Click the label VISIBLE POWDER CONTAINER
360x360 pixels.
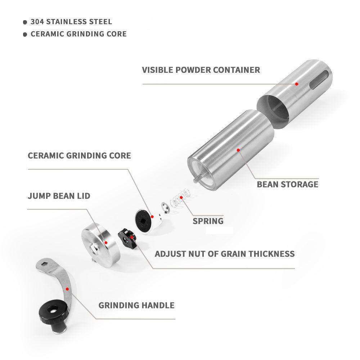tap(201, 69)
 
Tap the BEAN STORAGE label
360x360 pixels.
tap(287, 184)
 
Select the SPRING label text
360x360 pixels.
tap(208, 221)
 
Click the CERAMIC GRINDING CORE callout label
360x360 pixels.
tap(79, 156)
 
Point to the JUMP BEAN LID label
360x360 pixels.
tap(59, 196)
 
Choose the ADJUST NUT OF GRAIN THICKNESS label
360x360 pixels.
tap(225, 253)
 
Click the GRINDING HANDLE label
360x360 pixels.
tap(136, 305)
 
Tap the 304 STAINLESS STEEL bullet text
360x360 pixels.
tap(71, 22)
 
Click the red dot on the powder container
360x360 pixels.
tap(297, 84)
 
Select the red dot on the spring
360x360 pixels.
tap(182, 198)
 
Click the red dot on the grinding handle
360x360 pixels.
tap(67, 289)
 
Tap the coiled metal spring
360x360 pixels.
tap(179, 199)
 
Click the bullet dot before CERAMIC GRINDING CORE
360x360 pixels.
tap(25, 35)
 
